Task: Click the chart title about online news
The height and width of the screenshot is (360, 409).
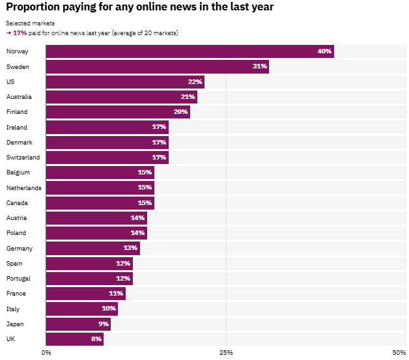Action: (139, 7)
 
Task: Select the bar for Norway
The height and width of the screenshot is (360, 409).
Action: (190, 51)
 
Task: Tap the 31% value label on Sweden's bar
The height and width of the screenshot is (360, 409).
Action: (259, 66)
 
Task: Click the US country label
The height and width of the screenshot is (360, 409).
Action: (10, 81)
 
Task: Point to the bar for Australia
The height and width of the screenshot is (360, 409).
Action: (121, 97)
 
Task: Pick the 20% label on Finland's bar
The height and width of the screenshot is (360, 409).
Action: (180, 112)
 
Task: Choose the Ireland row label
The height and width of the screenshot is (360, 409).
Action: (16, 127)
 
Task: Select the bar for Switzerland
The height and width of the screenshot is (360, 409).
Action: (107, 158)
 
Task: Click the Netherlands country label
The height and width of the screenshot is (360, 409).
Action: (23, 187)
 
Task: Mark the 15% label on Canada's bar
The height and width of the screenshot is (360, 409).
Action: (145, 203)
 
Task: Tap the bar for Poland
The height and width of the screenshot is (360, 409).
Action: (96, 233)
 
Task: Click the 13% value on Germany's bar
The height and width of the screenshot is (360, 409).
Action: (130, 248)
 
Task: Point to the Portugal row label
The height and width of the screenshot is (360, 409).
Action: (19, 279)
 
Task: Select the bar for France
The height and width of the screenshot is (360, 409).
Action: (85, 294)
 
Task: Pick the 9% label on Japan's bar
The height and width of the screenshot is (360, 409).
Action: (103, 324)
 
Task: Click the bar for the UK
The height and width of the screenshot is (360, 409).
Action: (74, 339)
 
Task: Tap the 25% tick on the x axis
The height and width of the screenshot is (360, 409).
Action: (226, 352)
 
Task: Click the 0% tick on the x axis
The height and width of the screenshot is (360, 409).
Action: (47, 352)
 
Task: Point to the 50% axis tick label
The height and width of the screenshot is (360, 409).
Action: (399, 352)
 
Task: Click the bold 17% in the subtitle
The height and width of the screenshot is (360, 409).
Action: (20, 33)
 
